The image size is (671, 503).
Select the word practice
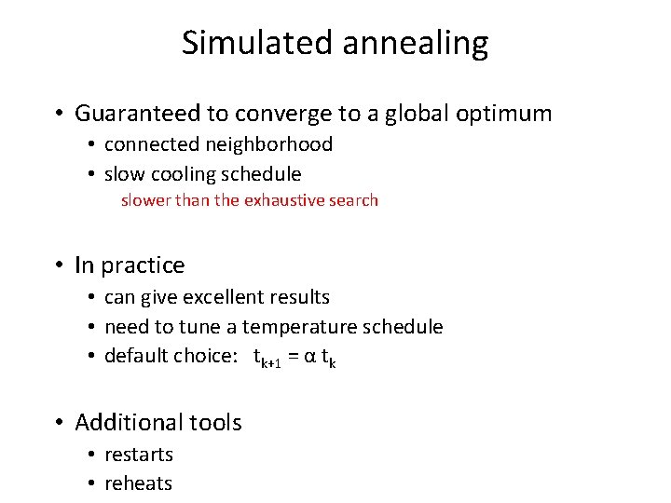pyautogui.click(x=143, y=266)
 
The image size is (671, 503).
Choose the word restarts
pyautogui.click(x=139, y=455)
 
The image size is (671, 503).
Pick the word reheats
pyautogui.click(x=138, y=483)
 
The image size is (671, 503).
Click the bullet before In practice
pyautogui.click(x=58, y=266)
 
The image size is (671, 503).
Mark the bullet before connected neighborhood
pyautogui.click(x=94, y=145)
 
